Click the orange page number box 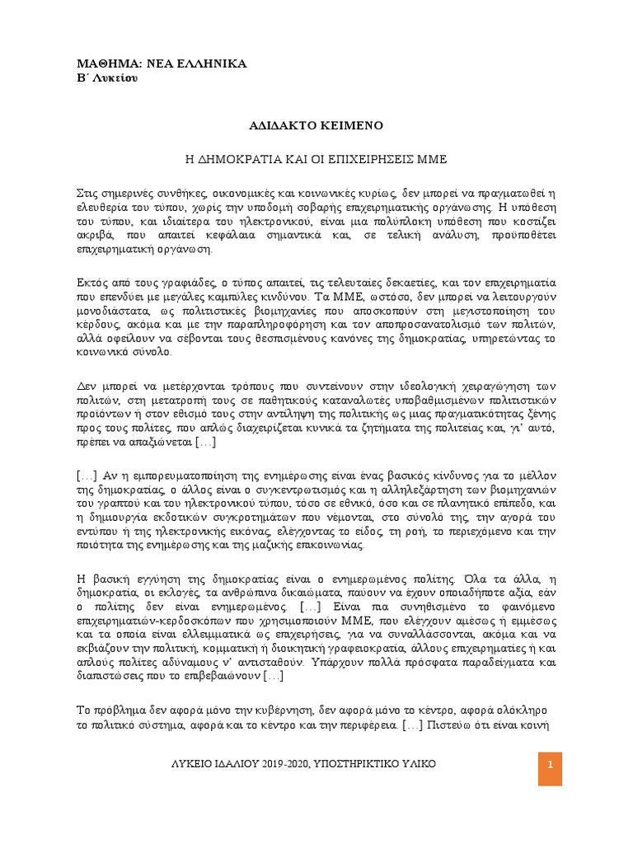(x=549, y=767)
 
